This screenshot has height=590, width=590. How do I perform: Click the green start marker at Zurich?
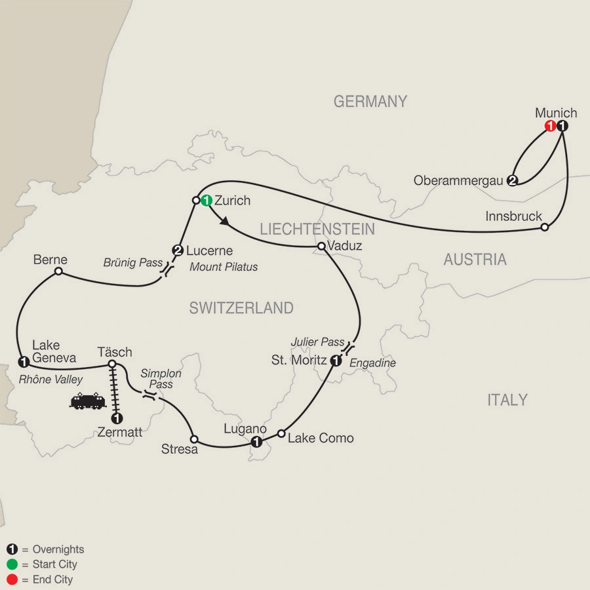pos(206,201)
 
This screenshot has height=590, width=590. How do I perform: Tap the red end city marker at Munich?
pos(552,127)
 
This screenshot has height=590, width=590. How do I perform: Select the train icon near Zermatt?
pos(88,401)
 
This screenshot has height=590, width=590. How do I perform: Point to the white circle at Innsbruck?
pos(544,227)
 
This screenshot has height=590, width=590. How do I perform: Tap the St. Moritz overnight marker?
pos(336,360)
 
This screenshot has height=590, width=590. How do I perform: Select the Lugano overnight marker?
pos(256,442)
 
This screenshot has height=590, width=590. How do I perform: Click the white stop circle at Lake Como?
pos(281,433)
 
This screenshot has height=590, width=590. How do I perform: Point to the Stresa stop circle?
pos(193,438)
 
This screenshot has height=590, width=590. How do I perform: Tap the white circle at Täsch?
pos(112,364)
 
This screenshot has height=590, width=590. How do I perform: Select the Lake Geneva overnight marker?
pos(24,361)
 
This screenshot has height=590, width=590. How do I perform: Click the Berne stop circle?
pos(58,271)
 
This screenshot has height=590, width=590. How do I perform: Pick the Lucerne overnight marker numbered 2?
pos(177,250)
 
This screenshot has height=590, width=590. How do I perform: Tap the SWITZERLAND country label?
pos(241,308)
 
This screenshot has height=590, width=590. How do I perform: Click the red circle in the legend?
pos(11,580)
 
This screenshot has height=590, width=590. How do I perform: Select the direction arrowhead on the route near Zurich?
pos(225,224)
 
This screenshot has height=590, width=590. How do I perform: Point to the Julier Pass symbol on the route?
pos(349,347)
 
